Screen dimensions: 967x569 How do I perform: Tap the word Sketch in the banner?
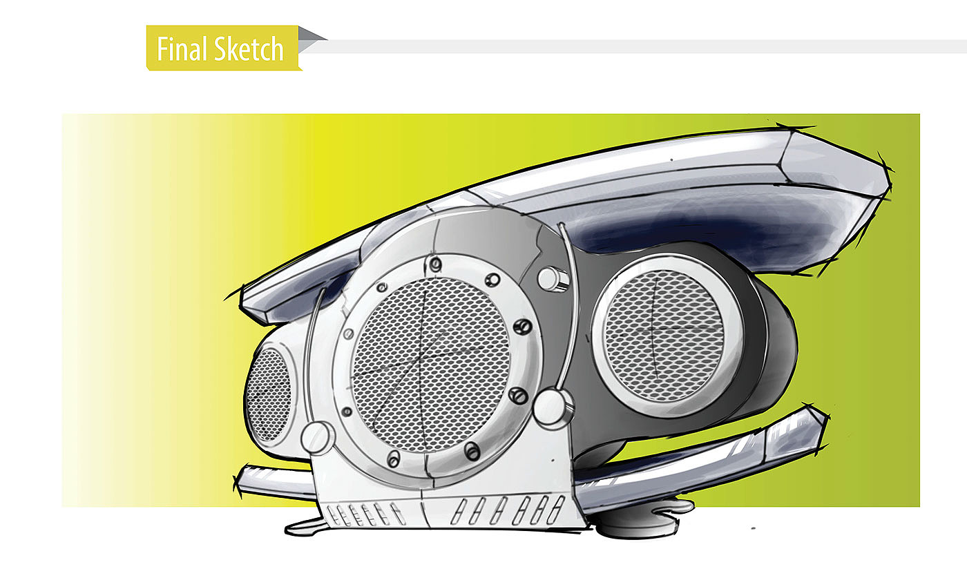pos(249,49)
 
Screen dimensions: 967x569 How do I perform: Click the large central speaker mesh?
pos(430,364)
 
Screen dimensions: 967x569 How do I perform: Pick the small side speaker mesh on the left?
pos(269,394)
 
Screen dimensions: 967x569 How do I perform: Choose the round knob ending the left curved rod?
pos(318,436)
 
